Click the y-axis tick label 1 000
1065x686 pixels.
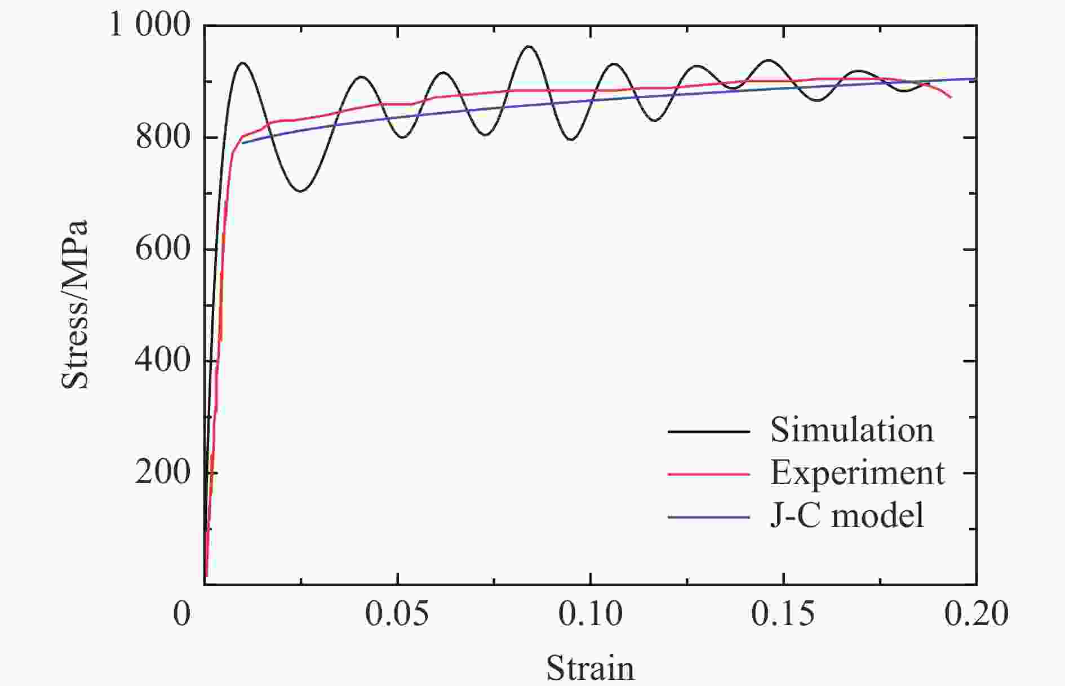tap(150, 25)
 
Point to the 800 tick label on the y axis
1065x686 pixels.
tap(162, 137)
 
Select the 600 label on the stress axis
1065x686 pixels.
tap(162, 249)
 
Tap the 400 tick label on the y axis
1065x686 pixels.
tap(162, 360)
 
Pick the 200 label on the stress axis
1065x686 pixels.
tap(162, 472)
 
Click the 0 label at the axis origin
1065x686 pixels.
tap(182, 614)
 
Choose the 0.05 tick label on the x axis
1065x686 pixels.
tap(397, 614)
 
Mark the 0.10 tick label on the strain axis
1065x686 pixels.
tap(590, 614)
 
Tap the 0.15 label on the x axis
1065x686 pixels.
tap(783, 614)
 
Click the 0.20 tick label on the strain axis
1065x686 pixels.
tap(976, 614)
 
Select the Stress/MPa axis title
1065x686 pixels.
tap(75, 304)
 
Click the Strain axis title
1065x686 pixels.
tap(589, 669)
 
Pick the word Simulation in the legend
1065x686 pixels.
tap(851, 430)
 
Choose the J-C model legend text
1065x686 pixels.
tap(847, 515)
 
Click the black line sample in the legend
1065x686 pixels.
tap(709, 432)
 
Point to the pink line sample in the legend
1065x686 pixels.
tap(709, 474)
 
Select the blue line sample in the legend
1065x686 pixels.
tap(709, 517)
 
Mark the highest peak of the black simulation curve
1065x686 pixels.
tap(529, 46)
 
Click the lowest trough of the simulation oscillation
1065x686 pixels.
tap(300, 191)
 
